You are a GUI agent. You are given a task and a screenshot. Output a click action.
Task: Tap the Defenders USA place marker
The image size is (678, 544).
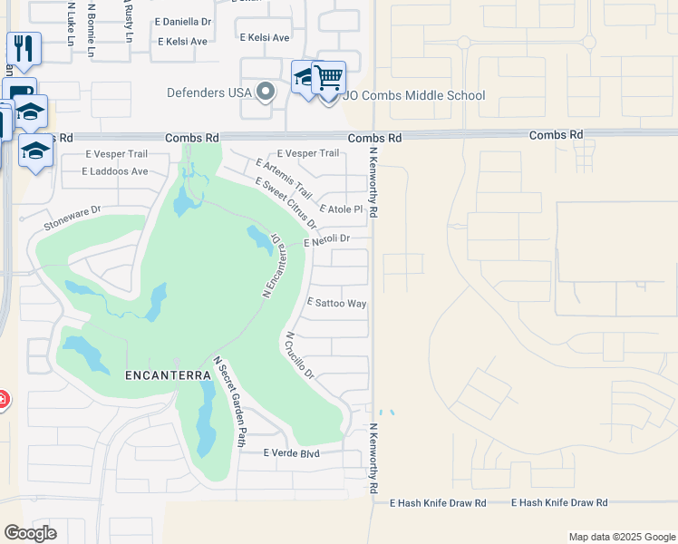[266, 92]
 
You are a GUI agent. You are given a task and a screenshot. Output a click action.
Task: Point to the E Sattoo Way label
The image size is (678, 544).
[337, 303]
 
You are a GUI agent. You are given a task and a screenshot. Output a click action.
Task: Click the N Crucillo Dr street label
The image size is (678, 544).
[299, 355]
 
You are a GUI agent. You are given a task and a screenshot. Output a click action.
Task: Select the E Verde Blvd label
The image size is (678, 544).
[291, 452]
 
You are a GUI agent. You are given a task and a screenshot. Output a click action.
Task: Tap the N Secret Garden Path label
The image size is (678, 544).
[229, 402]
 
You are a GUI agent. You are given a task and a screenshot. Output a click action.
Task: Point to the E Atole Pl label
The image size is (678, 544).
[341, 209]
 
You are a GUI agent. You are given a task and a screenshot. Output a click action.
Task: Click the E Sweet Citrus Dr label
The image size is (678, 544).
[286, 203]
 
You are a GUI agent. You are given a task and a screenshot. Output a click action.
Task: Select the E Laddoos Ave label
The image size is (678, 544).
[114, 170]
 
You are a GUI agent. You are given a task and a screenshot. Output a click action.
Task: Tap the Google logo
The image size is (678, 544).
[30, 533]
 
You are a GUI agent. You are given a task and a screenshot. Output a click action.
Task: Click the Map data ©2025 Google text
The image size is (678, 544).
[621, 537]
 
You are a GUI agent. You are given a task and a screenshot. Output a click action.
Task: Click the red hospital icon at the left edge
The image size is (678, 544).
[3, 399]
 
